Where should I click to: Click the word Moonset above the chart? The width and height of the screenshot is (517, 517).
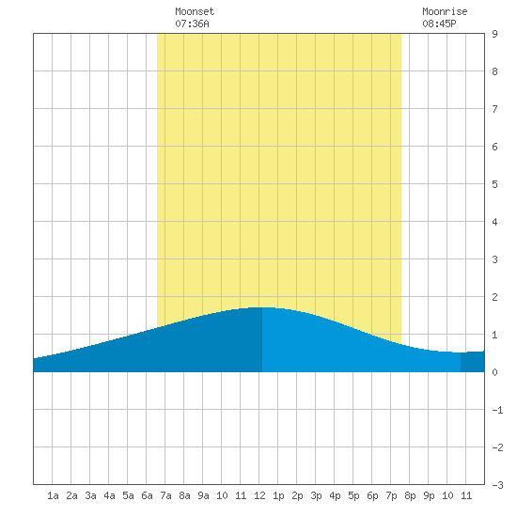point(195,11)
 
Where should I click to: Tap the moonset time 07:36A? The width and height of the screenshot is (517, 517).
point(192,23)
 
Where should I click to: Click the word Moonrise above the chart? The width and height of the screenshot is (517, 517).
point(445,11)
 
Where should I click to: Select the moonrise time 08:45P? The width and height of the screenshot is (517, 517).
point(439,23)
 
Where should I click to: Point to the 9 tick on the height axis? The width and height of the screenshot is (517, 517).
point(494,34)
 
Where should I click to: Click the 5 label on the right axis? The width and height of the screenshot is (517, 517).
point(494,184)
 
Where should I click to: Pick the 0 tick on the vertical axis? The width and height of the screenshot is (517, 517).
point(494,372)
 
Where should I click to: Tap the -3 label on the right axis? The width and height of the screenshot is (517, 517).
point(497,485)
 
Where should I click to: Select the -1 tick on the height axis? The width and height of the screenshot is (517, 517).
point(497,410)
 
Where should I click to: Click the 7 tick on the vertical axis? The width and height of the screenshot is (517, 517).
point(494,109)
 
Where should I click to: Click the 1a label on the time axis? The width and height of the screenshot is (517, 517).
point(53,495)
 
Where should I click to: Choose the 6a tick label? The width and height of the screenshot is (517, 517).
point(147,495)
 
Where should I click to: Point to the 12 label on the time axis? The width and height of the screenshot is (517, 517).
point(259,495)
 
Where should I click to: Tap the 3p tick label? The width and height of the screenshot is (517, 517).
point(316,495)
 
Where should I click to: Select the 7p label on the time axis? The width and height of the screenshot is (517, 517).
point(391,495)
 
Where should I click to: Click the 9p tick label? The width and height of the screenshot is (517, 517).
point(429,495)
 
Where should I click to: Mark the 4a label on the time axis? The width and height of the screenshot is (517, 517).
point(109,495)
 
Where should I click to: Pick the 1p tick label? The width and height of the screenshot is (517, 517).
point(278,495)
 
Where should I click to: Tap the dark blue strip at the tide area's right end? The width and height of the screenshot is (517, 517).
point(473,362)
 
